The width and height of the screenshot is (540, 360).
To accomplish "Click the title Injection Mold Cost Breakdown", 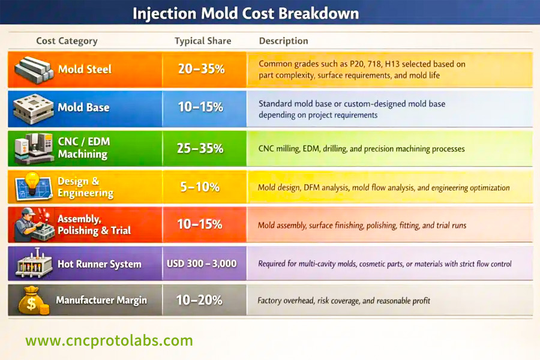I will (x=246, y=13).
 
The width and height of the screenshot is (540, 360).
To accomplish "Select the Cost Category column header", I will (x=67, y=41).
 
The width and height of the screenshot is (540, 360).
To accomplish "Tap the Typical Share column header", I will (x=203, y=41).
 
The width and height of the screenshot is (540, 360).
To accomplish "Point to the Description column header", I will (x=283, y=41).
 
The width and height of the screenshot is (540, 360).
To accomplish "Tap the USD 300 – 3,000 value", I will (x=202, y=263).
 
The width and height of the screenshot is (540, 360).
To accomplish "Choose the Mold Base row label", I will (x=83, y=108).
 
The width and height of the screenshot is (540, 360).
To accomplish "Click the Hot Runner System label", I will (x=99, y=264).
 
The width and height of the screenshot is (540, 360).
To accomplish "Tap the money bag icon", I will (x=31, y=301).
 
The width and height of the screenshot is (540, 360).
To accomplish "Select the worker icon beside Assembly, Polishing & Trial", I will (x=29, y=224).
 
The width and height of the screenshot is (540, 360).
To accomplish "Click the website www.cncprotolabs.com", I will (x=109, y=341).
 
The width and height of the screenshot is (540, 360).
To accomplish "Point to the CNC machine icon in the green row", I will (x=32, y=148).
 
